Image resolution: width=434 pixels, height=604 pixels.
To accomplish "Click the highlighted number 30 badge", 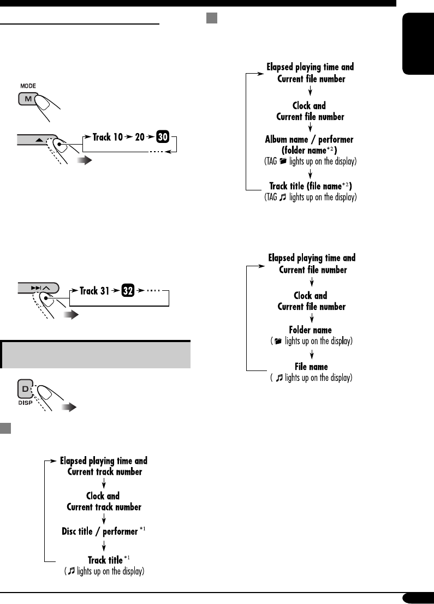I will (162, 137).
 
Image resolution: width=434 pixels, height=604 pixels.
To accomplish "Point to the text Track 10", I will (109, 137).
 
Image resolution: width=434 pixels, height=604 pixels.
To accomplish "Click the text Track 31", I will (96, 291).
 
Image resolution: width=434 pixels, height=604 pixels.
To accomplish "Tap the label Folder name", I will (310, 330).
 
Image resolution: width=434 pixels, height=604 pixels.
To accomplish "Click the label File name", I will (311, 367).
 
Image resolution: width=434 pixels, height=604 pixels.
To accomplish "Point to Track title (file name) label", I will (310, 186).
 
